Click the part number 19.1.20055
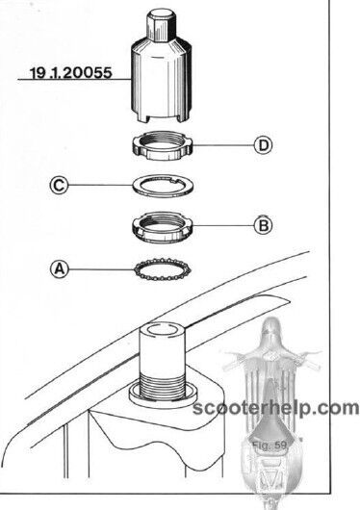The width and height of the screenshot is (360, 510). (x=71, y=72)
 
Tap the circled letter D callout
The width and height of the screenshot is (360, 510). (x=263, y=145)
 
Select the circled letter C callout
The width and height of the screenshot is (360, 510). (x=60, y=186)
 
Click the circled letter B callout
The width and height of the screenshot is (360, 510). (x=263, y=225)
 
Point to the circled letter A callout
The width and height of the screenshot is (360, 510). (x=60, y=269)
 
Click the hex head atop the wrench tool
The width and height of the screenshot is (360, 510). (x=162, y=23)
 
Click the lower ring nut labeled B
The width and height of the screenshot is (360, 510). (x=164, y=227)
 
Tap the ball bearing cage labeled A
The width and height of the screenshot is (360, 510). (x=162, y=269)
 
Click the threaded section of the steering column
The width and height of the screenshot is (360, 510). (x=163, y=386)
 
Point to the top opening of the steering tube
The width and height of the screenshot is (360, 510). (x=163, y=330)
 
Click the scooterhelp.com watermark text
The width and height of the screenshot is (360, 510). (x=275, y=408)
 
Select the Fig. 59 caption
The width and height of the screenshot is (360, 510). (x=270, y=446)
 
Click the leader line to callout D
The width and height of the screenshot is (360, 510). (x=223, y=145)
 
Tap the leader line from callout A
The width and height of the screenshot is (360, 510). (x=102, y=269)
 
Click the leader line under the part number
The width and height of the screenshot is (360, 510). (x=75, y=79)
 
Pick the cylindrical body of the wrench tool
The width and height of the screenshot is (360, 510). (x=161, y=82)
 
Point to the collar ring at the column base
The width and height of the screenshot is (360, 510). (x=163, y=395)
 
